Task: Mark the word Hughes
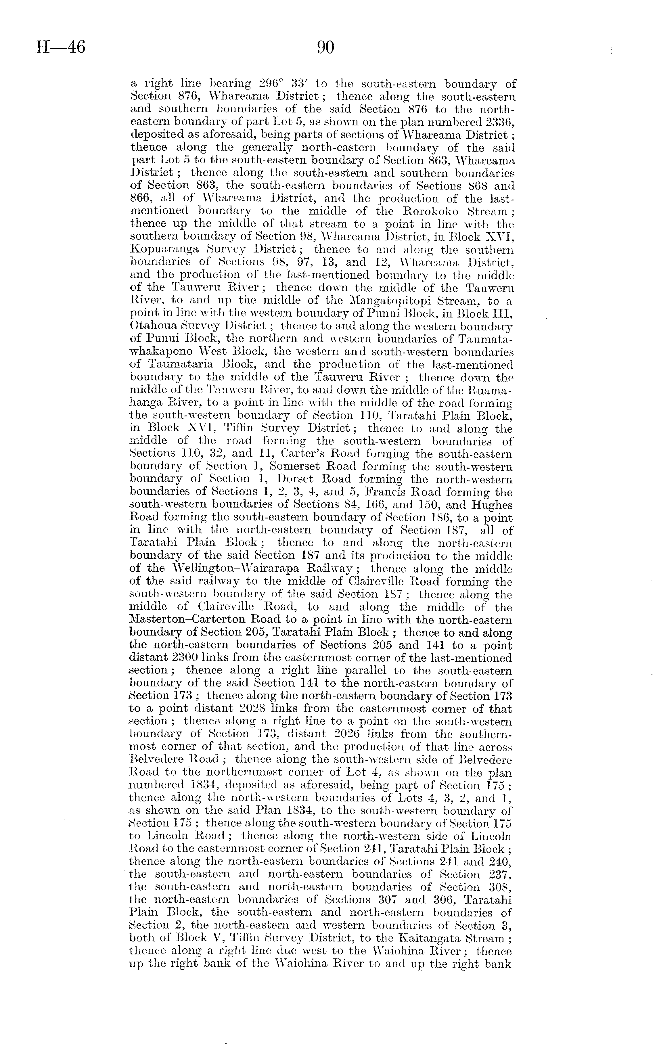coord(492,505)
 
